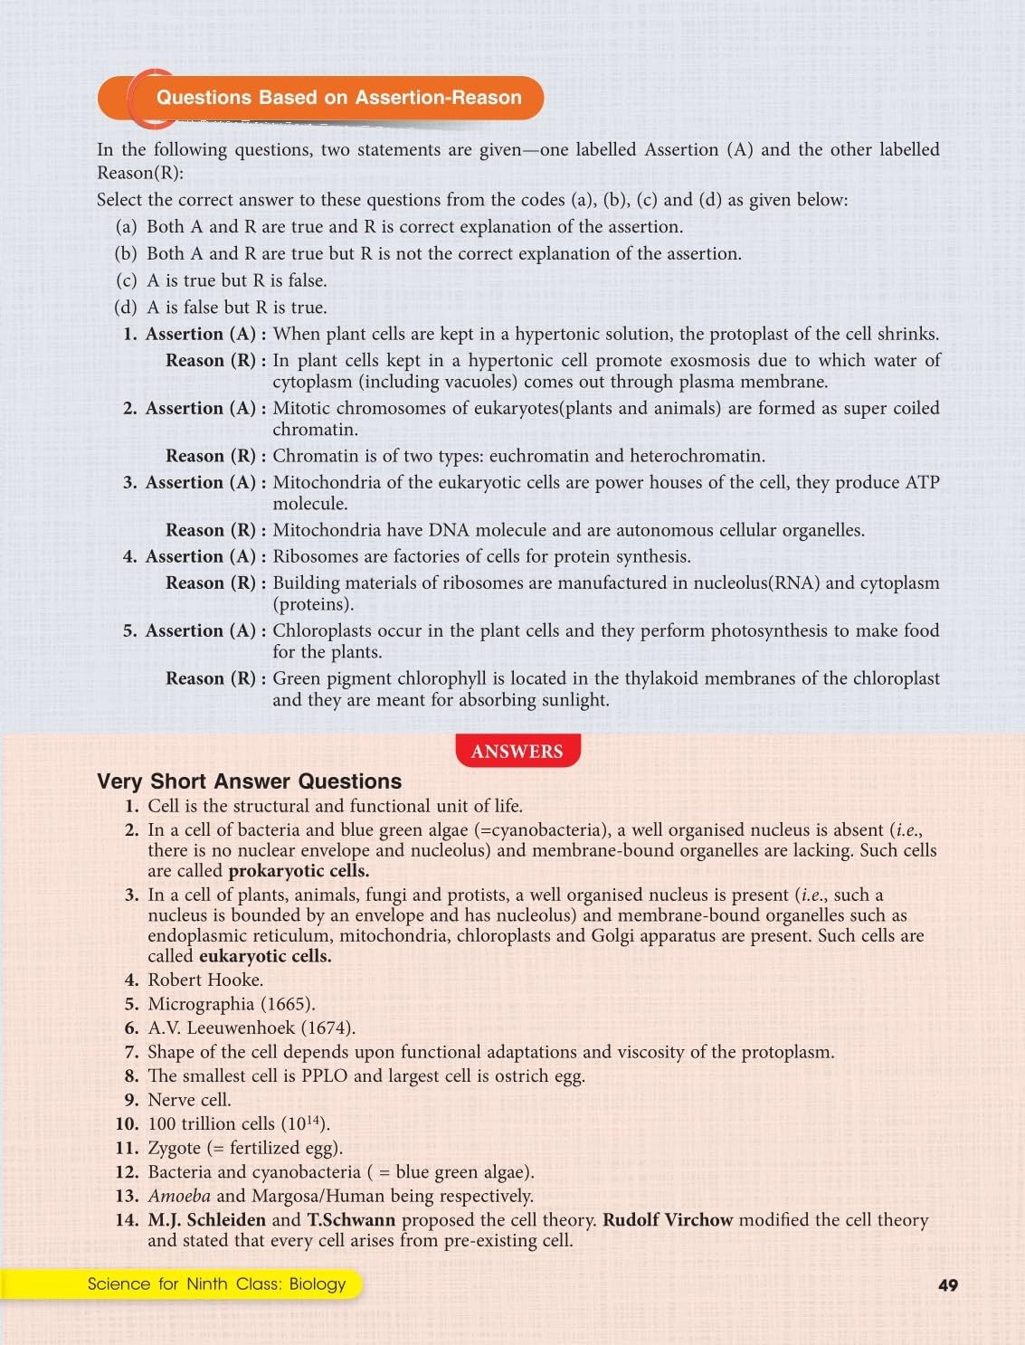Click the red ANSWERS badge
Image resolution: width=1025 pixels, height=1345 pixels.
coord(517,751)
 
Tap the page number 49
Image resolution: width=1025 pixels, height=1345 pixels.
coord(947,1284)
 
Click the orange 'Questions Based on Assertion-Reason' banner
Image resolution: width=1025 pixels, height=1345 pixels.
coord(338,98)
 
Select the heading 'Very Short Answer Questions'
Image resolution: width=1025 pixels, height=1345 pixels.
coord(249,781)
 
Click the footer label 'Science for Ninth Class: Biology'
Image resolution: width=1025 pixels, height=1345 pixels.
coord(216,1283)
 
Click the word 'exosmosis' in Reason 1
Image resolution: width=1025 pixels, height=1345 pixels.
coord(712,360)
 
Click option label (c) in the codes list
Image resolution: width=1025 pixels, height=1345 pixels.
coord(127,280)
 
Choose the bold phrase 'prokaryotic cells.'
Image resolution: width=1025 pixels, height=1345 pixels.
coord(299,871)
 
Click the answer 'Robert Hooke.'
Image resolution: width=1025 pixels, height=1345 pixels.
coord(205,980)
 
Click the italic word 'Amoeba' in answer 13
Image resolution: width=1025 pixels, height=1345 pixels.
coord(179,1196)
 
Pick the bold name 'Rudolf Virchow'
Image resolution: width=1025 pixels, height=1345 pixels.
coord(668,1219)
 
